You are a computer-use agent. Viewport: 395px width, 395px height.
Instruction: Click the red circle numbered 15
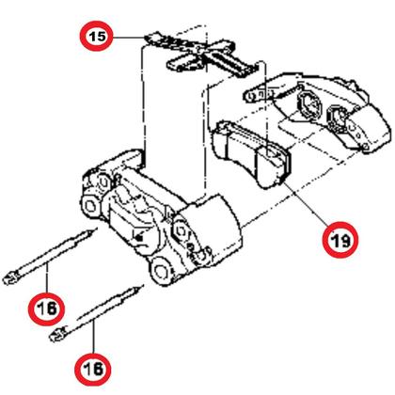(96, 37)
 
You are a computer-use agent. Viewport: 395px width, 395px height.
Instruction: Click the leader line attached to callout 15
(127, 37)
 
